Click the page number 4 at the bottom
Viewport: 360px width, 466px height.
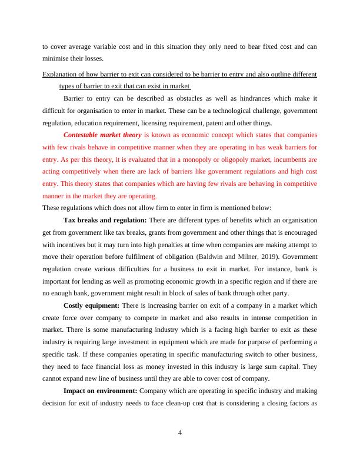180,434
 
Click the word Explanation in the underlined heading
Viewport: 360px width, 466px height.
61,74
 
